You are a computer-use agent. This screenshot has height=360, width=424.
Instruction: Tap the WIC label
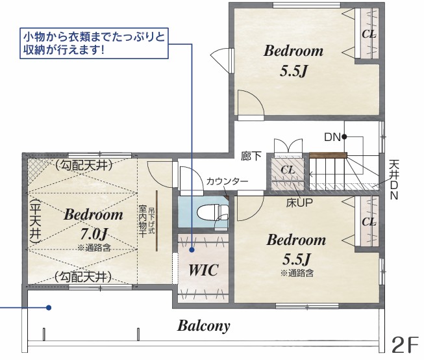point(203,270)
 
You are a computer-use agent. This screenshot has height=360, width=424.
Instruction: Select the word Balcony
point(204,326)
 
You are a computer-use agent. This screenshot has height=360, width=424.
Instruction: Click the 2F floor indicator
point(405,345)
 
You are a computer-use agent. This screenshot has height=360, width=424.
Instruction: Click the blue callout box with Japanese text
point(94,43)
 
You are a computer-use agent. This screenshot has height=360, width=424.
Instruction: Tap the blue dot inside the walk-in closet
point(192,250)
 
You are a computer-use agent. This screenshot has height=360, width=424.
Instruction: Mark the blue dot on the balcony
point(49,307)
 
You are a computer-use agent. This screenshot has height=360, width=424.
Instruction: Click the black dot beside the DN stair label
point(344,137)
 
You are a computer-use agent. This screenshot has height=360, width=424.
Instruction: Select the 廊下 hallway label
point(251,156)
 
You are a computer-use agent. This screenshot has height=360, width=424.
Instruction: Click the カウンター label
point(227,181)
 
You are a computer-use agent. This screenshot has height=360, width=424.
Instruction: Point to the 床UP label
point(299,203)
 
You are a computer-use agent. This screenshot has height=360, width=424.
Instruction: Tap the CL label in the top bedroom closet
point(369,34)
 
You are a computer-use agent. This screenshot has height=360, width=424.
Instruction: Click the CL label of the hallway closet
point(288,170)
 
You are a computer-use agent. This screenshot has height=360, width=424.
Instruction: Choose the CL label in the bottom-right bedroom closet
point(369,222)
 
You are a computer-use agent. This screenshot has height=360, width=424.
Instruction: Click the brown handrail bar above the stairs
point(328,155)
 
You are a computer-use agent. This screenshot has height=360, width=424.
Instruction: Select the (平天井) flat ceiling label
point(35,222)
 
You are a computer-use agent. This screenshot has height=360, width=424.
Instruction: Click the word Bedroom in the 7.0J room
point(94,214)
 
